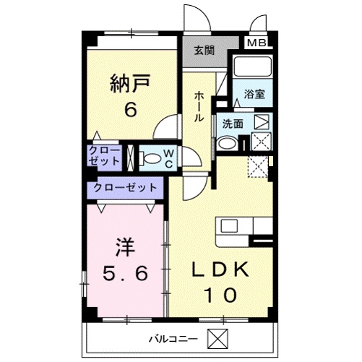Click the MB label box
click(x=257, y=43)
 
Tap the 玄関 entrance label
click(x=204, y=51)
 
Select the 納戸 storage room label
click(x=130, y=83)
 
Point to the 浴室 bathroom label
click(x=254, y=94)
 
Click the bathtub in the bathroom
click(x=252, y=66)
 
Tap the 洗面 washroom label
click(x=233, y=124)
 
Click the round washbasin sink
click(x=227, y=143)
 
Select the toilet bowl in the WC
click(x=150, y=158)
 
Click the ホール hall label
click(x=199, y=106)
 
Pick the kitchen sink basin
click(x=230, y=226)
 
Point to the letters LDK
click(x=220, y=269)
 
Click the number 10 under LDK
click(x=220, y=295)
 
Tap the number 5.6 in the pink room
click(x=125, y=273)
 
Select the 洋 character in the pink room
click(x=125, y=247)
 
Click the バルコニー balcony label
click(x=173, y=339)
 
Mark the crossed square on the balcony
click(x=217, y=338)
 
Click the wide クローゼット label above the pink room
click(x=125, y=188)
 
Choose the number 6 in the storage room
click(x=131, y=109)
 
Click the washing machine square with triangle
click(x=262, y=122)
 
